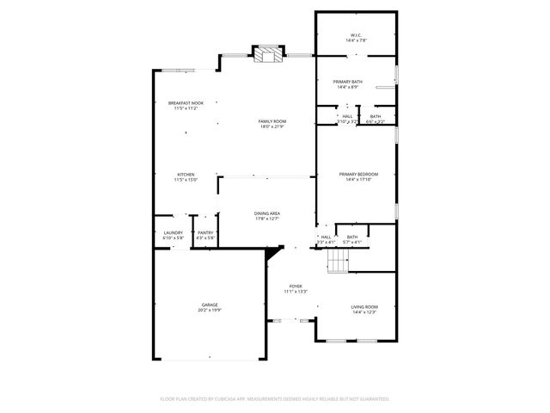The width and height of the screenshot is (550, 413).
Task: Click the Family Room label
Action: [272, 121]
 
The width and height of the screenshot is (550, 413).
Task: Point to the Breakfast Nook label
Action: [186, 103]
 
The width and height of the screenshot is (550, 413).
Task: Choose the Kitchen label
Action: [186, 174]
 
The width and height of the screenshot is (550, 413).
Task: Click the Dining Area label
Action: [267, 213]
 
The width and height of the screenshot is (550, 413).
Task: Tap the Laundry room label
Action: [173, 232]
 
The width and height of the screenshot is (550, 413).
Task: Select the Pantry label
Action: [205, 232]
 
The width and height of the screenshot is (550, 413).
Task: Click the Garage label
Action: [210, 304]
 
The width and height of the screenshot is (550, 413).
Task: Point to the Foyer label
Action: [296, 286]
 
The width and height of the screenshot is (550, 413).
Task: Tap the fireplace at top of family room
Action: [268, 55]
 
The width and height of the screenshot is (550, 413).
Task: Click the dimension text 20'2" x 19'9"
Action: [210, 310]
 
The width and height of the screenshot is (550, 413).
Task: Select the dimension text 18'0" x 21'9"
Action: [272, 126]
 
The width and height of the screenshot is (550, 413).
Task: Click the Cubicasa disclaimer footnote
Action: [275, 399]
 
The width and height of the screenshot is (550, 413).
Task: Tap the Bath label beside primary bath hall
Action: [376, 116]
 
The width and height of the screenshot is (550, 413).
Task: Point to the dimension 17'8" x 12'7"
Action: [267, 219]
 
